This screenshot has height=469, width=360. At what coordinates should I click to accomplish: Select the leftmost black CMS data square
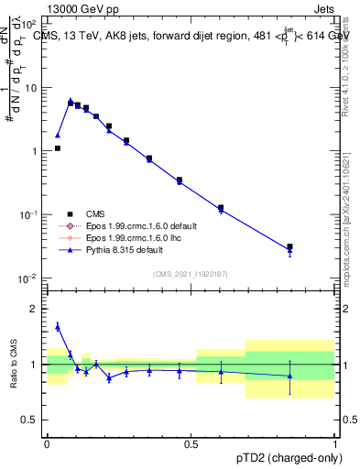pos(58,147)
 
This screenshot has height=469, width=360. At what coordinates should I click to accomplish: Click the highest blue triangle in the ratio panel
pos(58,325)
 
